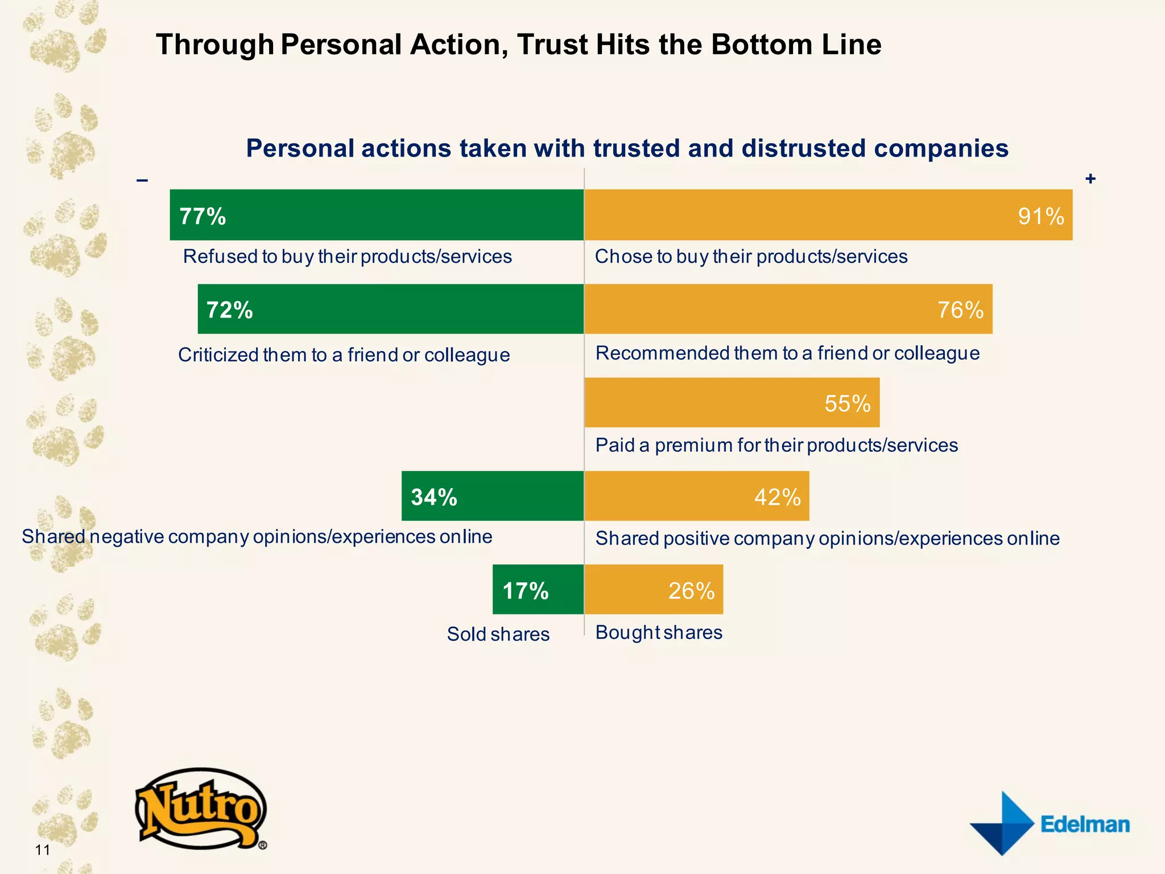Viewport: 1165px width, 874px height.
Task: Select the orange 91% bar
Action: click(x=828, y=215)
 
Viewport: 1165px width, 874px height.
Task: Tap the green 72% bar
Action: click(x=391, y=309)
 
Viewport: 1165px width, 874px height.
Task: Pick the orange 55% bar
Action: click(x=732, y=402)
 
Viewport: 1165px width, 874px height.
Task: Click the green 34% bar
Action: click(x=493, y=496)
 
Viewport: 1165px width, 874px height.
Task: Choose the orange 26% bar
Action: click(x=654, y=589)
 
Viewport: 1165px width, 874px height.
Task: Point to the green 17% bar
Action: click(x=538, y=589)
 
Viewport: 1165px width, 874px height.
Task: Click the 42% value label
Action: click(x=777, y=497)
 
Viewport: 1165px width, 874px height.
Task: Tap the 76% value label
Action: click(x=960, y=310)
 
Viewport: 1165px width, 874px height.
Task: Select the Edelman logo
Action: click(x=1050, y=823)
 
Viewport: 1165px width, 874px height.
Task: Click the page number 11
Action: click(x=43, y=850)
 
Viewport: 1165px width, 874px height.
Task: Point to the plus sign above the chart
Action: click(x=1090, y=179)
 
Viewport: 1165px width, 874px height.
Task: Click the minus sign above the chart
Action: click(x=142, y=181)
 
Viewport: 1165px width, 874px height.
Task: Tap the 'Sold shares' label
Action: click(x=498, y=634)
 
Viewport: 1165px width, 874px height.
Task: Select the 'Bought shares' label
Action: click(x=659, y=632)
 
